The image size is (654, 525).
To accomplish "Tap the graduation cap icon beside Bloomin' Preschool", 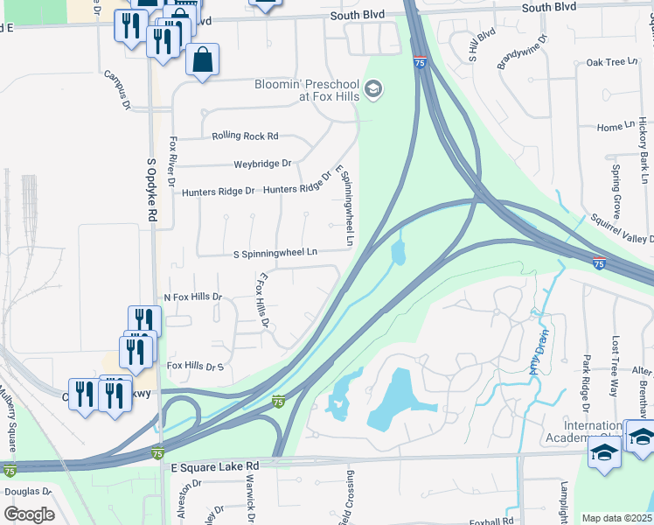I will pyautogui.click(x=373, y=90).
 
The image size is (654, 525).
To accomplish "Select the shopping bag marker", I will pyautogui.click(x=202, y=60).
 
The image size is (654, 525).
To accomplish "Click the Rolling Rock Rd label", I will pyautogui.click(x=245, y=136).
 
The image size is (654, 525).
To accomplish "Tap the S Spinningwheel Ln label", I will pyautogui.click(x=275, y=253).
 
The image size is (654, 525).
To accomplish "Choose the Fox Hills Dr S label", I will pyautogui.click(x=196, y=366).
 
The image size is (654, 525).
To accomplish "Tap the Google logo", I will pyautogui.click(x=29, y=514).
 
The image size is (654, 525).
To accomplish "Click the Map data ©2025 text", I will pyautogui.click(x=616, y=519).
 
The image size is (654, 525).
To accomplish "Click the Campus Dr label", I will pyautogui.click(x=116, y=91).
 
